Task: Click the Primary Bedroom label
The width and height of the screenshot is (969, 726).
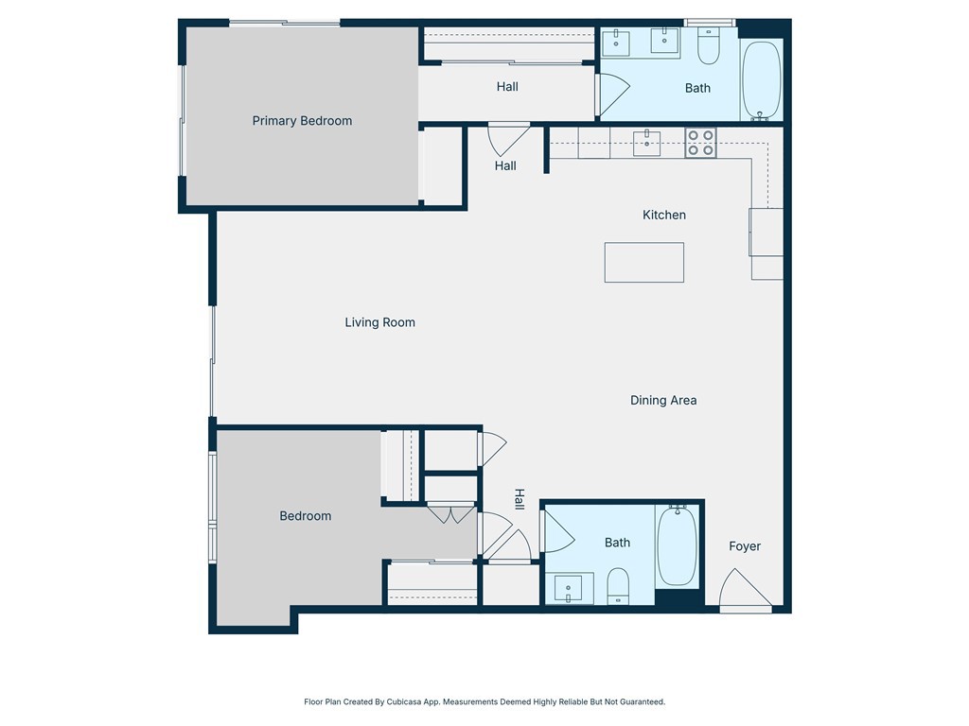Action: point(302,121)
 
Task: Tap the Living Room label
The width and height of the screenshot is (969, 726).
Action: point(379,322)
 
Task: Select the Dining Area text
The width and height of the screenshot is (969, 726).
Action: point(663,401)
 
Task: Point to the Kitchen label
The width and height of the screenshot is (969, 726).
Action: point(664,216)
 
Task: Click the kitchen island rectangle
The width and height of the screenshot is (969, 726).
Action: point(644,262)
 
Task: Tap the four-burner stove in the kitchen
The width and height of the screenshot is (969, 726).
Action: point(701,143)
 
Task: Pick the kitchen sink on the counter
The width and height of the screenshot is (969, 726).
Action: point(647,143)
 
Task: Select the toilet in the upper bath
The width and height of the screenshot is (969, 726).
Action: point(709,45)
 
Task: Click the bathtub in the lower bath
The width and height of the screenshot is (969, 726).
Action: point(677,545)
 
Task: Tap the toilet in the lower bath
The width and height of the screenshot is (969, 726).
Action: point(618,585)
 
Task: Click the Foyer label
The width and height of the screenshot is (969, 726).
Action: point(745,546)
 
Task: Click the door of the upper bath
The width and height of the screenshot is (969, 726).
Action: point(610,94)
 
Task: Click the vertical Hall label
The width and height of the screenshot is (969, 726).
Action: point(520,499)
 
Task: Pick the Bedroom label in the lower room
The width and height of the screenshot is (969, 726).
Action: point(306,516)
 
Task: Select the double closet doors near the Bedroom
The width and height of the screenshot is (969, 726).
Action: point(450,514)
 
